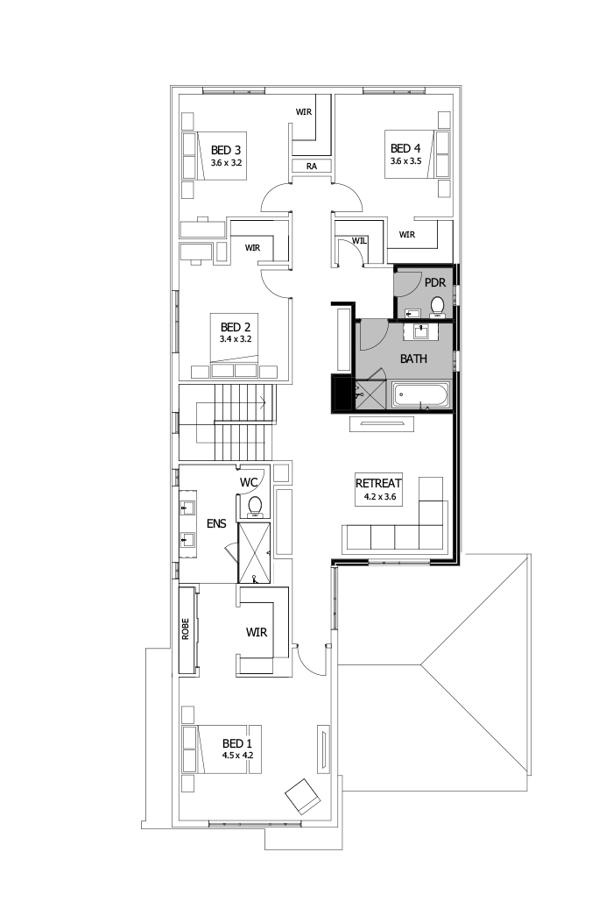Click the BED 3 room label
[226, 150]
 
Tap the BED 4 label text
[406, 148]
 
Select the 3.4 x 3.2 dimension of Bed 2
[236, 338]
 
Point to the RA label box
[311, 166]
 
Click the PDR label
[435, 283]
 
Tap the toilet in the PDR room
[438, 306]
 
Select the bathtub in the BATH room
[420, 396]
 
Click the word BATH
[413, 359]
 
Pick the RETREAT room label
[378, 483]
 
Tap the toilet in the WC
[256, 505]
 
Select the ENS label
[216, 523]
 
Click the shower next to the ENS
[255, 551]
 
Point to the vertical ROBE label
[186, 630]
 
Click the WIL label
[359, 240]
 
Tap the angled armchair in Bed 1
[302, 795]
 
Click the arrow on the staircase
[264, 404]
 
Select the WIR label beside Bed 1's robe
[257, 631]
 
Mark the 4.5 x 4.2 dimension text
[237, 754]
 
